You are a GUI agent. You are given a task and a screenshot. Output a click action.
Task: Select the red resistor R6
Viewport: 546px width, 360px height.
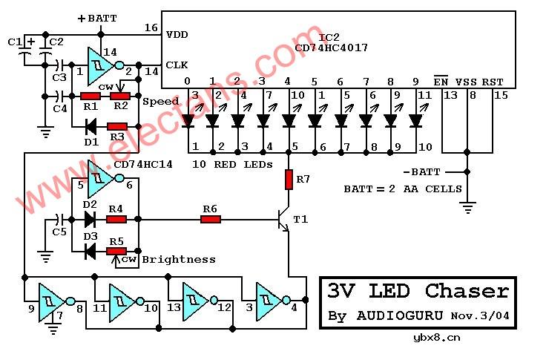pos(211,219)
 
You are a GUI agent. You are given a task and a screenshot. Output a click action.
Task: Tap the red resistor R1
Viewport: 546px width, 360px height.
pos(91,96)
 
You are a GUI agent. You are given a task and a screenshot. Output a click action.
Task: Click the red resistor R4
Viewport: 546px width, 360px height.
pos(116,219)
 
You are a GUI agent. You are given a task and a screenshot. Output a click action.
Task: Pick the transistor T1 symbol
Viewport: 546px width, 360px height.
pos(283,220)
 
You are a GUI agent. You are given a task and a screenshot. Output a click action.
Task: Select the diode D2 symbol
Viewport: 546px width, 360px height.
pos(90,219)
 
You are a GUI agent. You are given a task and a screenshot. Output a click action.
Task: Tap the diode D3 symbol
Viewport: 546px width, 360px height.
pos(90,251)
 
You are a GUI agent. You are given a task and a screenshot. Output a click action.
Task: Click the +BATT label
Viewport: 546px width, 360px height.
pos(97,18)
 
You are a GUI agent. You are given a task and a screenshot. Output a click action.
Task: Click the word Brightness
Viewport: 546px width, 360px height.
pos(179,259)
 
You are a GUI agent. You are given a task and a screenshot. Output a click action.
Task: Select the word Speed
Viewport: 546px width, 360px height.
pos(161,102)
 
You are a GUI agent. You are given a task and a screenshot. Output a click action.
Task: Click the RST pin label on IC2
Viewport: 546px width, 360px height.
pos(492,82)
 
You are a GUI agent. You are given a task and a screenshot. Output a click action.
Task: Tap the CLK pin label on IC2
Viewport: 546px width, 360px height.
pos(177,65)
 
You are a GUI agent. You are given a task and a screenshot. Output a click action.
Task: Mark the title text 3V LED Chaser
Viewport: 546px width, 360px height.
pos(418,291)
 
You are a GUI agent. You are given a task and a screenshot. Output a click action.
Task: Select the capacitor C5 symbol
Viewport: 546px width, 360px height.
pos(60,220)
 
